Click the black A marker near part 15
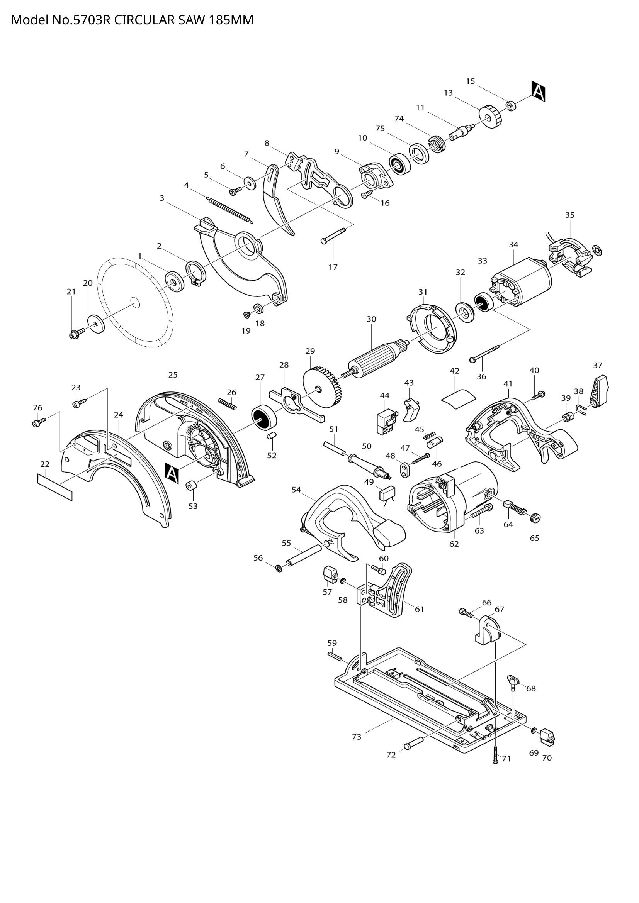tap(538, 91)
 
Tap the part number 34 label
tap(513, 244)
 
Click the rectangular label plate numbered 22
tap(55, 487)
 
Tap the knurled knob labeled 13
tap(491, 117)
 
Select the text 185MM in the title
tap(231, 20)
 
